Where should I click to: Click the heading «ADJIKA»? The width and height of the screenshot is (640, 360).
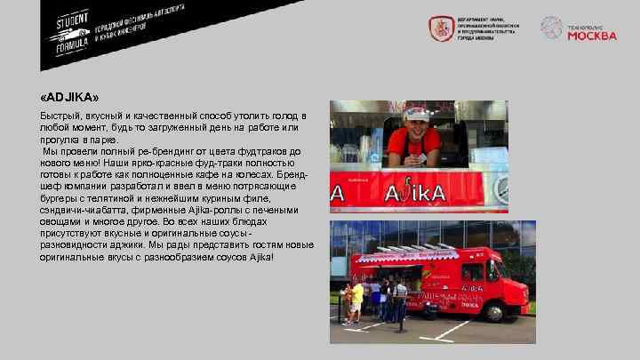(x=69, y=96)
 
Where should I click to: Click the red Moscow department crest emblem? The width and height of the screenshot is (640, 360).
(x=439, y=29)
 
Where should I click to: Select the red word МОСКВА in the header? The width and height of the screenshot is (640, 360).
(x=591, y=36)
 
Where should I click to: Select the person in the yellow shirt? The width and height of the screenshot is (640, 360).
(x=356, y=298)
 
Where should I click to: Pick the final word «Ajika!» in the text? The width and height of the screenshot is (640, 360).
(x=260, y=256)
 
